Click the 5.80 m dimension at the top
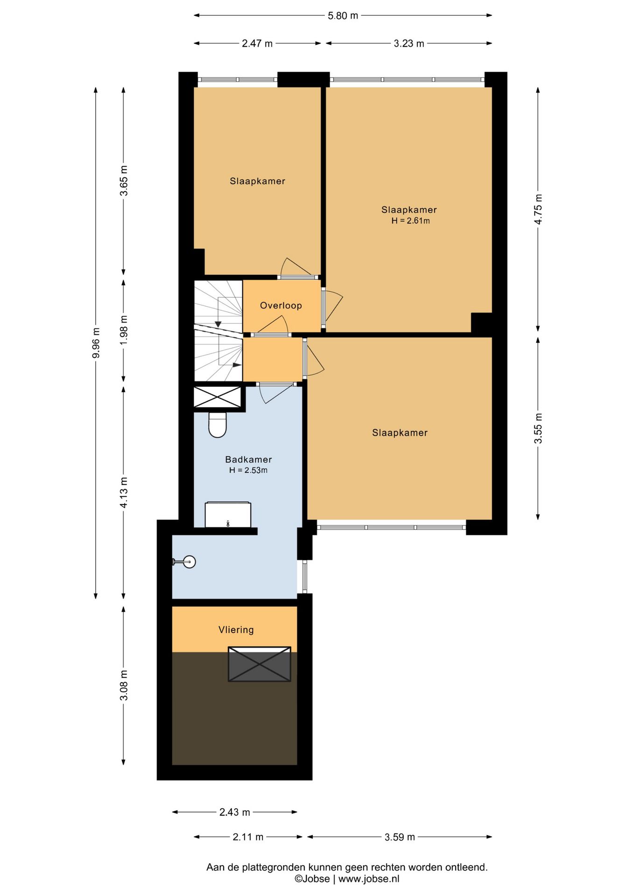[x=343, y=15]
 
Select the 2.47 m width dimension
[x=257, y=43]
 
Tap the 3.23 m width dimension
[x=409, y=43]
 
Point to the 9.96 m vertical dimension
[x=96, y=343]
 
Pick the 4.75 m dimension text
[x=538, y=209]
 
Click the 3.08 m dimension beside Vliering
[x=124, y=685]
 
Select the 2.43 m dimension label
[x=235, y=812]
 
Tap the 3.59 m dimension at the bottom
[x=400, y=837]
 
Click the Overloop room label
[x=281, y=305]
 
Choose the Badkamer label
[x=248, y=459]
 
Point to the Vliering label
[x=236, y=630]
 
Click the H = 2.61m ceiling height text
[x=410, y=221]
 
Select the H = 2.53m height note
[x=248, y=470]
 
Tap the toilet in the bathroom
[x=217, y=424]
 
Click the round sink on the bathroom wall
[x=186, y=562]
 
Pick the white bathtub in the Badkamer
[x=228, y=515]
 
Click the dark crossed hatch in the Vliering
[x=260, y=664]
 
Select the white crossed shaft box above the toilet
[x=217, y=397]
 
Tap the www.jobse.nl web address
[x=369, y=879]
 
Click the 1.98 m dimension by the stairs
[x=124, y=331]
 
